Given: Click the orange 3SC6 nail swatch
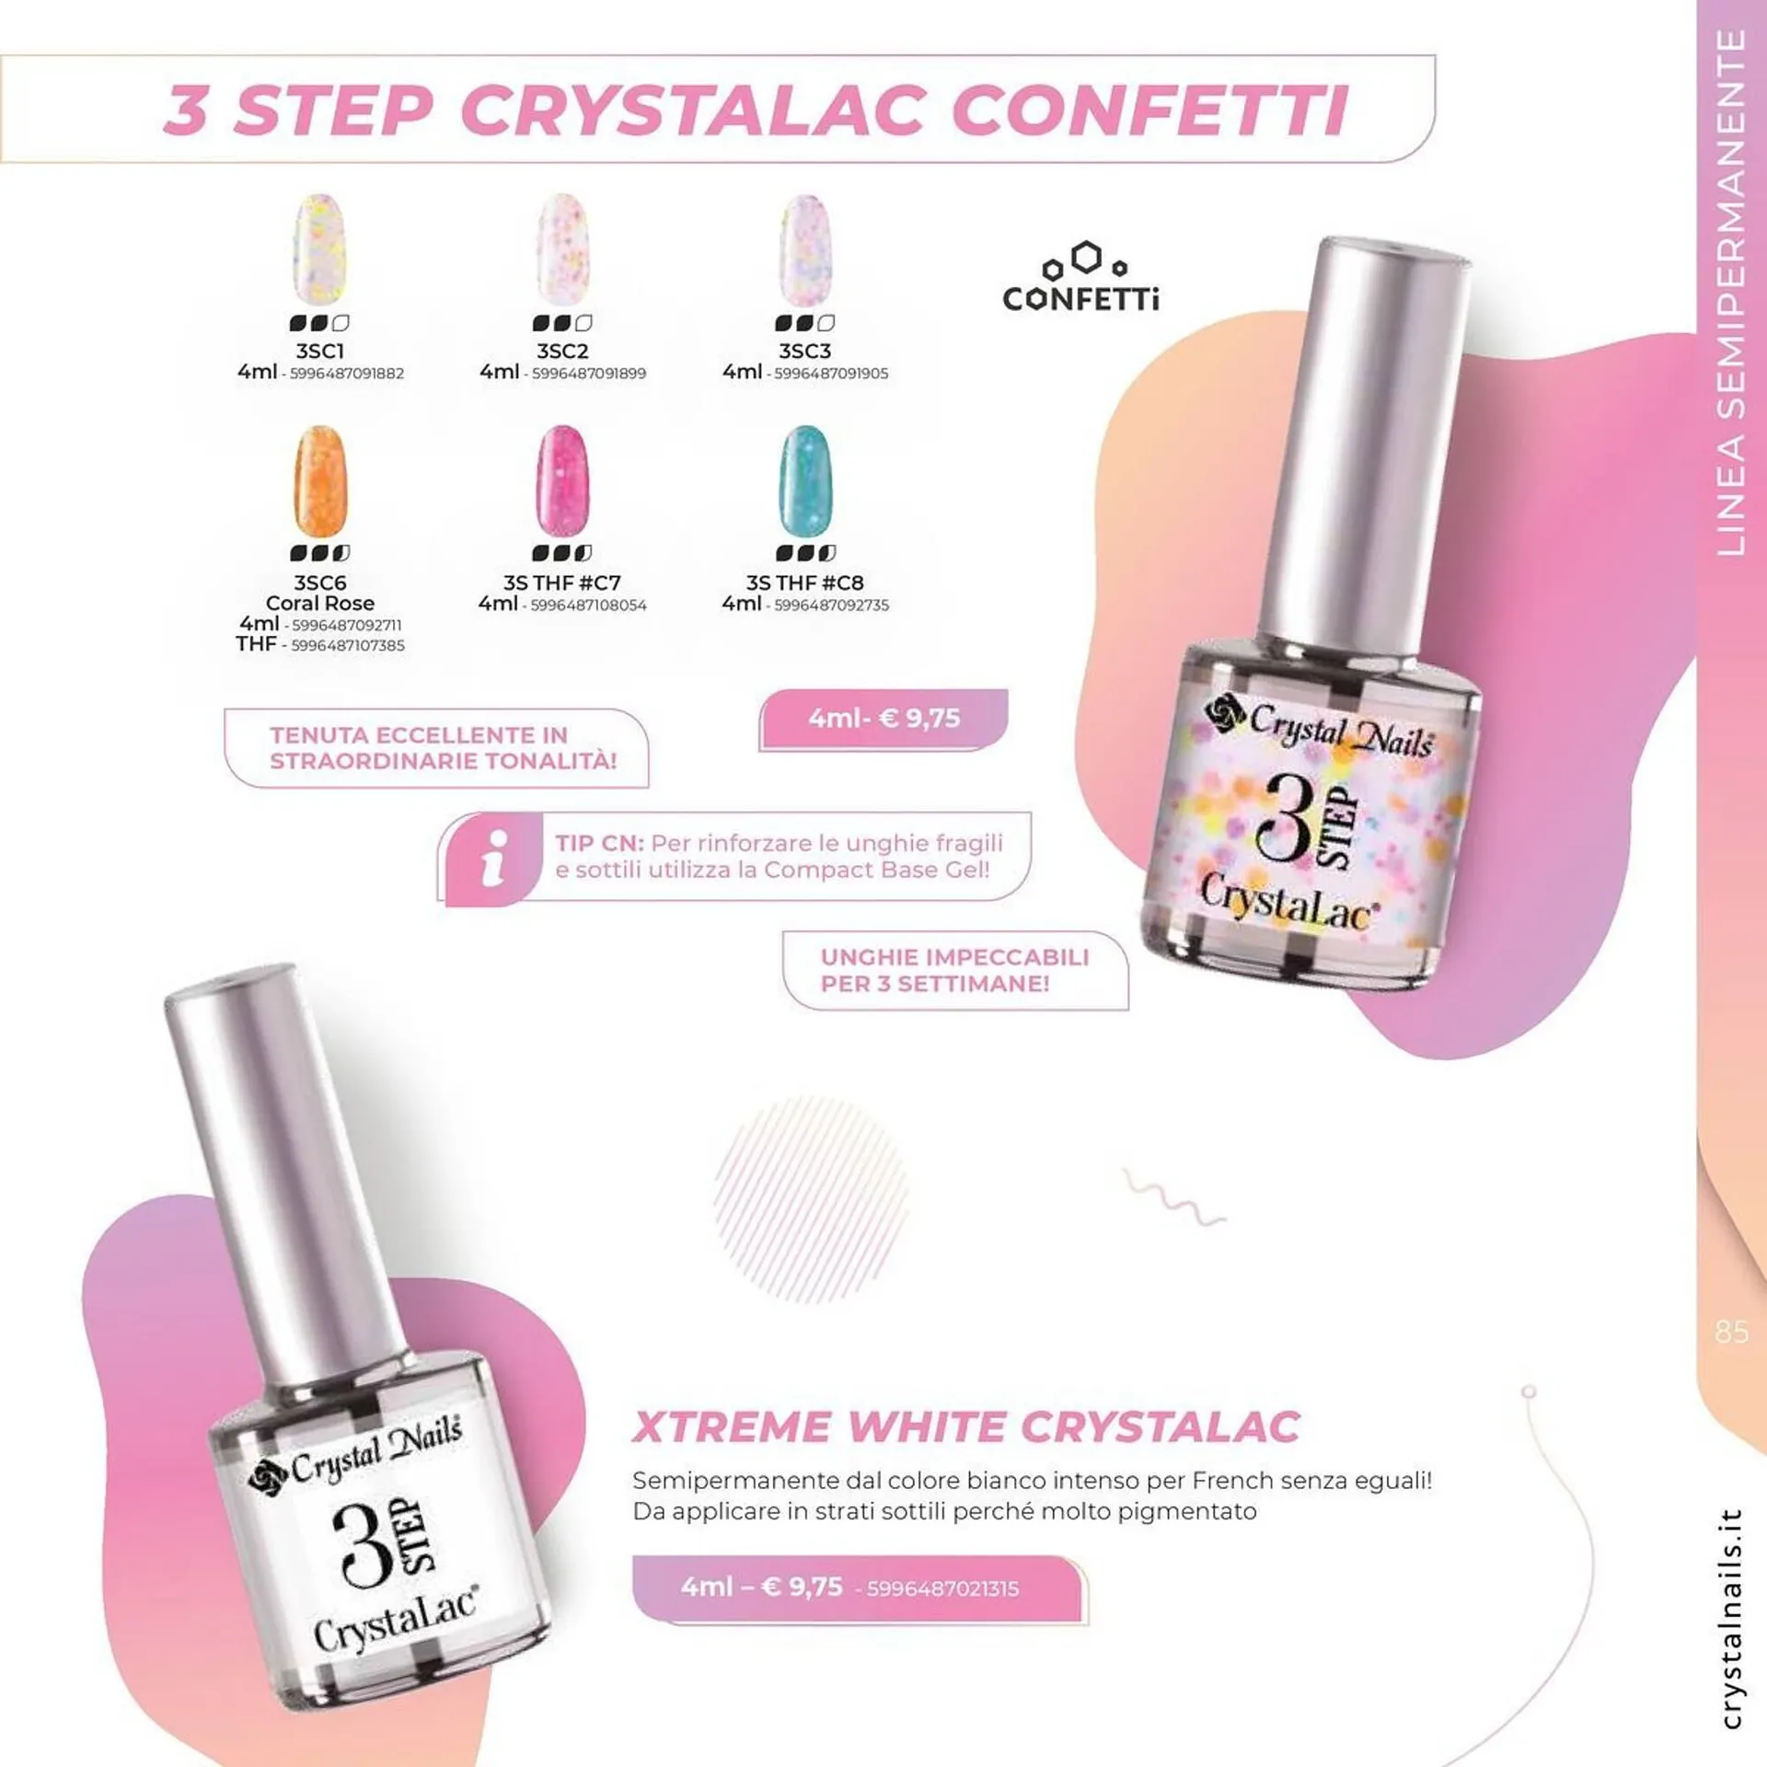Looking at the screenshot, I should coord(319,481).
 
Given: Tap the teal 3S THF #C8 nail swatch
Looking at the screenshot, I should coord(804,481).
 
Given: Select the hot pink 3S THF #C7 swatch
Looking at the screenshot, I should coord(561,481).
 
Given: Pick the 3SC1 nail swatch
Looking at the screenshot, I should coord(319,249).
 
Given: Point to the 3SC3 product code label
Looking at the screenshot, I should coord(804,352).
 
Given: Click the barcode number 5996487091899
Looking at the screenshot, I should coord(588,374).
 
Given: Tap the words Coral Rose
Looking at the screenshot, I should coord(319,604).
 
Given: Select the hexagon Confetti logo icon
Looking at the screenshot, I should coord(1086,260).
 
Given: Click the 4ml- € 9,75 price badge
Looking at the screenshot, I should coord(883,719).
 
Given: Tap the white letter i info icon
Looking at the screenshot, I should coord(494,858).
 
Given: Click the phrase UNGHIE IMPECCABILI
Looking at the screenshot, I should coord(954,957).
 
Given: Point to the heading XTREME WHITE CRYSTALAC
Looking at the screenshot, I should coord(966,1427).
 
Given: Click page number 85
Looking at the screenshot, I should coord(1731,1332).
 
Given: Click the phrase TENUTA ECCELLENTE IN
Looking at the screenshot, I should coord(419,735).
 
